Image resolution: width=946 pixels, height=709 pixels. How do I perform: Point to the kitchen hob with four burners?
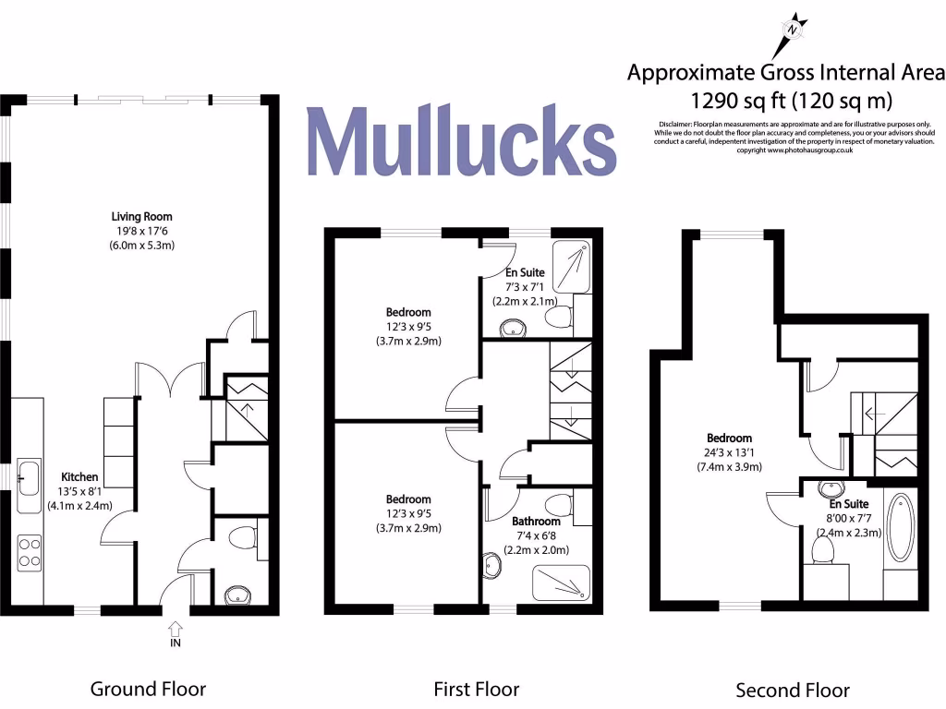29,551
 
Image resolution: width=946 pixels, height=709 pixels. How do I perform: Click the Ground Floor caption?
148,689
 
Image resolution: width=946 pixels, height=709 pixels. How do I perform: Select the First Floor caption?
477,689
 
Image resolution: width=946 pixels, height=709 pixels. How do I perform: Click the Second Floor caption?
792,690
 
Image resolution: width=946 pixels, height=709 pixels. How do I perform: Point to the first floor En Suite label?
525,273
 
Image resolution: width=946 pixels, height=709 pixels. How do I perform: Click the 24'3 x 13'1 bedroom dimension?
729,452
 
